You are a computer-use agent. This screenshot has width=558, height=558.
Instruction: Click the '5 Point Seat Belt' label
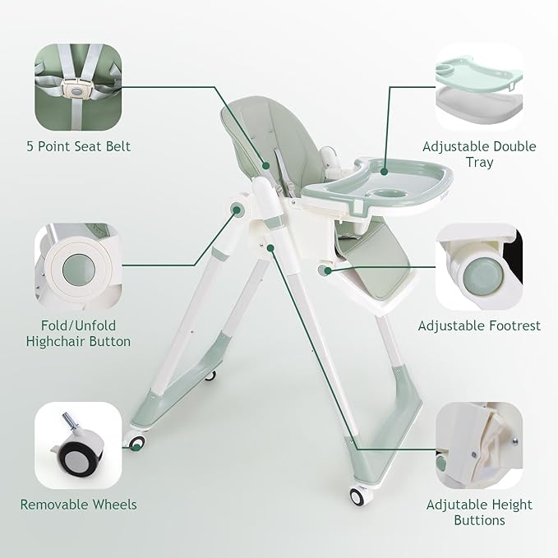77,146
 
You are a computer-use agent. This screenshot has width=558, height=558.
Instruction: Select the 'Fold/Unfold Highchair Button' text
78,333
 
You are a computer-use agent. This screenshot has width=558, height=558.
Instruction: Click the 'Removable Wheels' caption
78,504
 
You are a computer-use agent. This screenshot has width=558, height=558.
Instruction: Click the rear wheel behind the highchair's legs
211,376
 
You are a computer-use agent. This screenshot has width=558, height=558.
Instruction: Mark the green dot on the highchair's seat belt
265,165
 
